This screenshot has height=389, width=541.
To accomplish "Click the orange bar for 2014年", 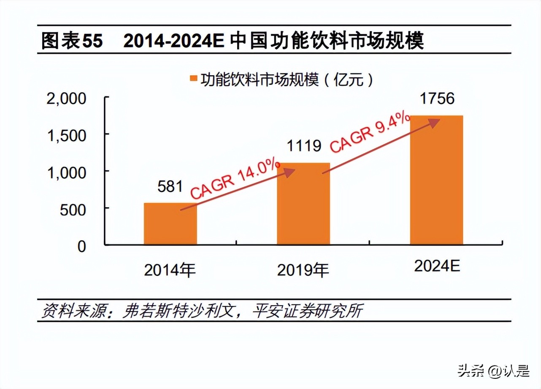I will (170, 224).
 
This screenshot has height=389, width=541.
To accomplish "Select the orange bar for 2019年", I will (303, 203).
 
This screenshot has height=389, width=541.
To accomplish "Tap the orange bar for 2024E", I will (436, 180).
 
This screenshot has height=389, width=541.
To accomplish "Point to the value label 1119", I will (304, 146).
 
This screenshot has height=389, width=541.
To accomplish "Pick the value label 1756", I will (437, 99).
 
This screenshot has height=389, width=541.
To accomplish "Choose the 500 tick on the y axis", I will (73, 210).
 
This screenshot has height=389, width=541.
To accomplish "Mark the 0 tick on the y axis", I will (81, 247).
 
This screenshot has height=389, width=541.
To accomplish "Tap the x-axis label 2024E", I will (437, 266).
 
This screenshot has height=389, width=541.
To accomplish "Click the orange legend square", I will (193, 79).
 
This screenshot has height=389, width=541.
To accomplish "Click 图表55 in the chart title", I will (72, 41).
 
